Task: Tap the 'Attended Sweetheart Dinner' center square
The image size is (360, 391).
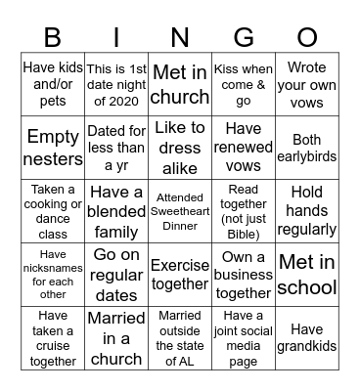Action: click(x=180, y=211)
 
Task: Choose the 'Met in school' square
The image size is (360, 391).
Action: click(x=307, y=275)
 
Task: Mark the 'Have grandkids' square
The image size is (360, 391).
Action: click(x=307, y=338)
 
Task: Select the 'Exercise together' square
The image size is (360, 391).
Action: click(x=180, y=275)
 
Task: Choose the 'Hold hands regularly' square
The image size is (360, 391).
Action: click(x=307, y=211)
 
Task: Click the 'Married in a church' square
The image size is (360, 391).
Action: click(x=116, y=338)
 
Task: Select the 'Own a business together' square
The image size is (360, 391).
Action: click(x=244, y=275)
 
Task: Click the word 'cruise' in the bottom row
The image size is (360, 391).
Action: click(x=53, y=346)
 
